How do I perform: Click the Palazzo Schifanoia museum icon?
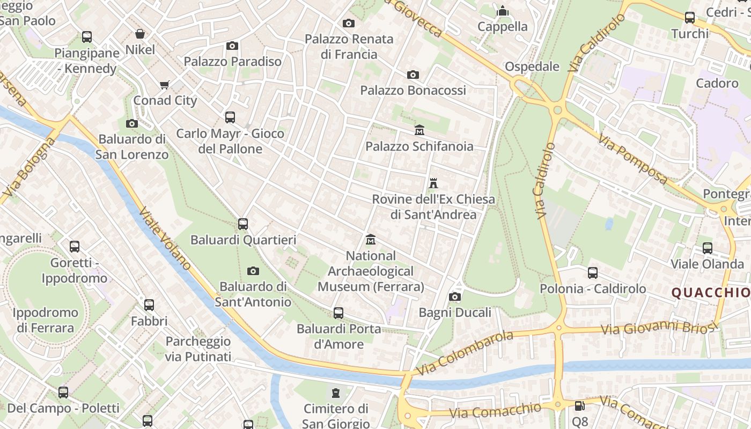[419, 130]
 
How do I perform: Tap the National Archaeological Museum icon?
[371, 240]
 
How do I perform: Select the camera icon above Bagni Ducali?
[455, 297]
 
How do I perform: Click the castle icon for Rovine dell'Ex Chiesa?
[433, 183]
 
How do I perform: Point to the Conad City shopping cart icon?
[165, 85]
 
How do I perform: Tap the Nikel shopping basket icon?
[140, 34]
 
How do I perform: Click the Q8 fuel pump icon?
[579, 406]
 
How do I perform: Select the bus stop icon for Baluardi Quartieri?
[243, 224]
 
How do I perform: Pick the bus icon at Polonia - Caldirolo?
[593, 272]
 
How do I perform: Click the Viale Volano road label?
[165, 238]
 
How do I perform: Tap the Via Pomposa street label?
[634, 159]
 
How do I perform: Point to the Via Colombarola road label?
[464, 353]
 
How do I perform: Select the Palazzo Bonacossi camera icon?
[413, 75]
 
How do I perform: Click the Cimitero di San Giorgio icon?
[336, 393]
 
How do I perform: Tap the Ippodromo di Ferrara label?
[45, 320]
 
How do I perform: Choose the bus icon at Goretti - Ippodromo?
[75, 247]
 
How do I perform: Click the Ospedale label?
[532, 66]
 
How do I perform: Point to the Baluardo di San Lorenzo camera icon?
[132, 124]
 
